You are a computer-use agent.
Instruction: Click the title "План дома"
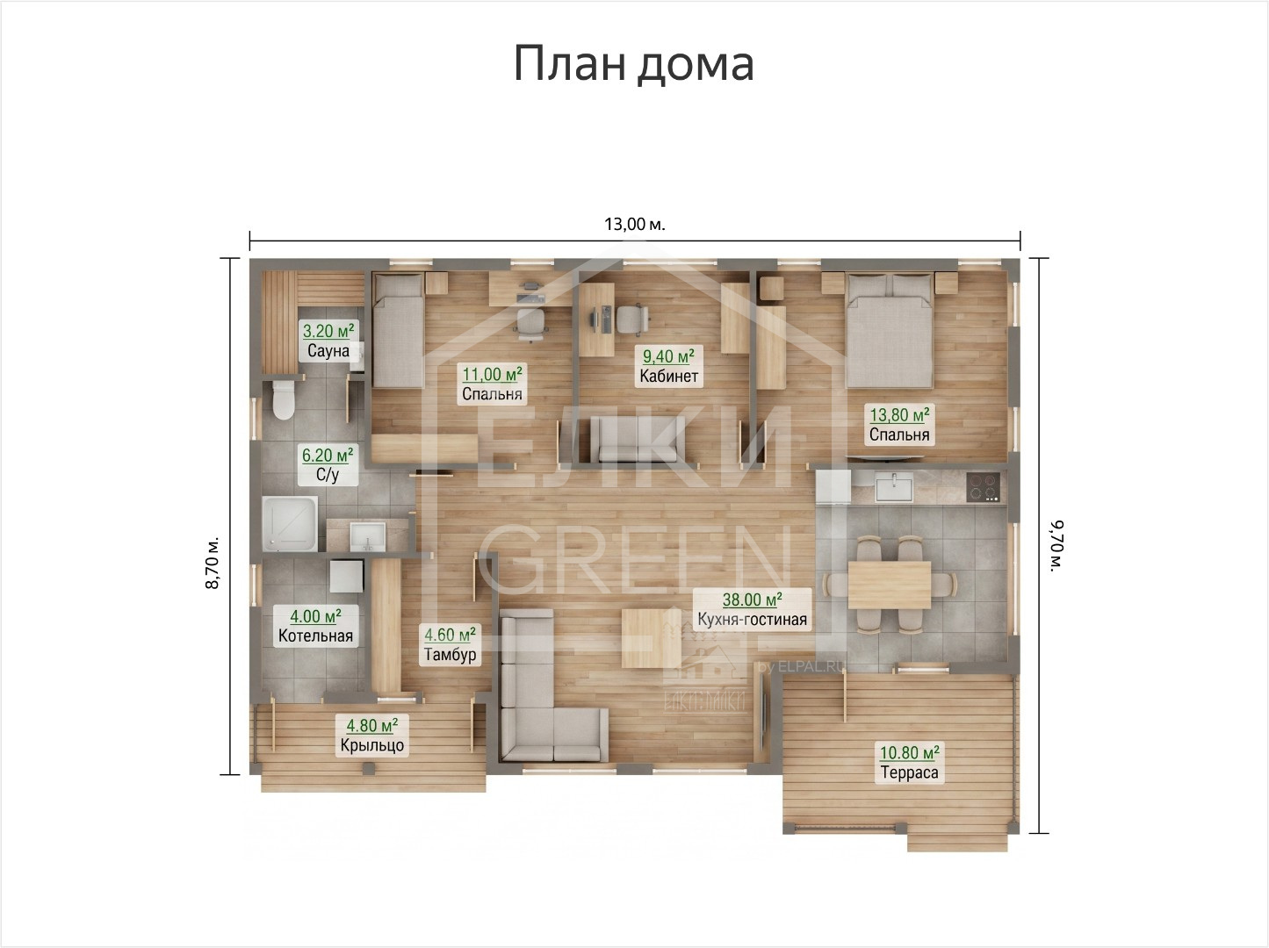coord(634,64)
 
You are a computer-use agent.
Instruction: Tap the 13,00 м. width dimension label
coord(635,224)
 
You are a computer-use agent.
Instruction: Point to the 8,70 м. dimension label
coord(213,564)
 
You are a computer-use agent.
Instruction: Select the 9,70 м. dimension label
coord(1056,546)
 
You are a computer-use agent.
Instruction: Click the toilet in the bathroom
coord(284,399)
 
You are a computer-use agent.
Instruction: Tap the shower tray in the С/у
coord(290,523)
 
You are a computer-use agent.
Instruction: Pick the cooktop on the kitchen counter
coord(984,486)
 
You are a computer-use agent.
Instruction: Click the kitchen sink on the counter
coord(894,486)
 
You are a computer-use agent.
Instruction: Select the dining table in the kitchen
coord(889,585)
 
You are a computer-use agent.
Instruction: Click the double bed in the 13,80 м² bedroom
coord(889,330)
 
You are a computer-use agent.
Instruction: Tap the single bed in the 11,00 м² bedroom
coord(399,330)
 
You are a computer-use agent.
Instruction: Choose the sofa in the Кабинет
coord(638,439)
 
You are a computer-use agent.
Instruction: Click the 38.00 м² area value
coord(752,600)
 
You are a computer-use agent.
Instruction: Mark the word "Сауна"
coord(328,350)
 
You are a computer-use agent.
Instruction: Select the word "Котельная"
coord(315,636)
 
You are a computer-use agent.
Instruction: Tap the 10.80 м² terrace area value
coord(910,753)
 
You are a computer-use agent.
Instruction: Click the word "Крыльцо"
coord(372,745)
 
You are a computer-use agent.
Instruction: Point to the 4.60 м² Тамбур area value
coord(450,635)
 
